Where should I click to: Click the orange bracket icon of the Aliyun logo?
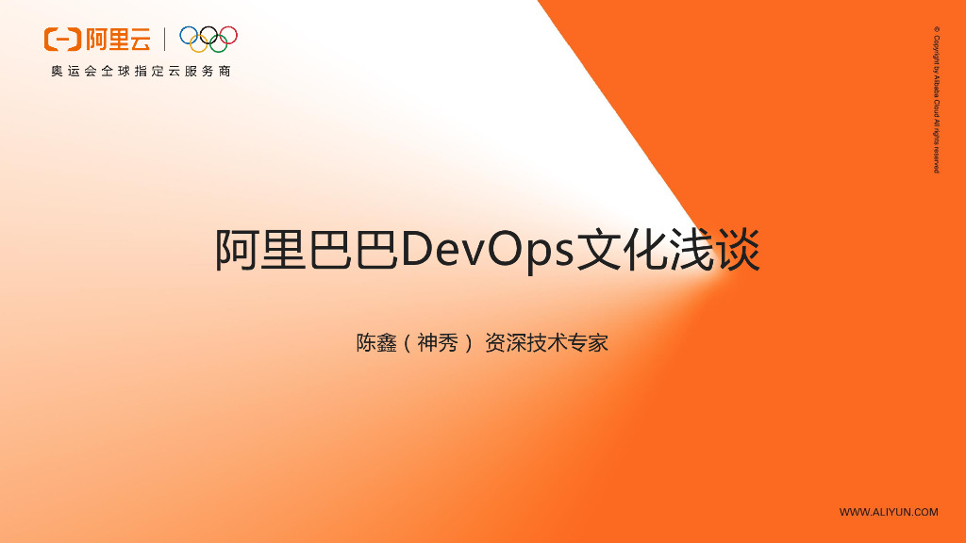63,40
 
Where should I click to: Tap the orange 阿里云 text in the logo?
117,40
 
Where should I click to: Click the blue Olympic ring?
189,36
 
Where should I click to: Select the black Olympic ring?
208,36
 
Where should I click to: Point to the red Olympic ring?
228,36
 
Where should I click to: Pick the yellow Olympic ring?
198,44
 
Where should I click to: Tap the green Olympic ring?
218,44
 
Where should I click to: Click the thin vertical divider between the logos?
165,40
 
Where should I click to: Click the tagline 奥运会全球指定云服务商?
141,72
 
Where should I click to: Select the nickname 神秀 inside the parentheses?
437,342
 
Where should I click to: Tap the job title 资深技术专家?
546,342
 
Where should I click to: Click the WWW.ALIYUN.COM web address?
889,512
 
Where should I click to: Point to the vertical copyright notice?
936,99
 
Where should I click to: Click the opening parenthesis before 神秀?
407,343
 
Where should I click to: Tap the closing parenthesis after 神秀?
466,343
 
